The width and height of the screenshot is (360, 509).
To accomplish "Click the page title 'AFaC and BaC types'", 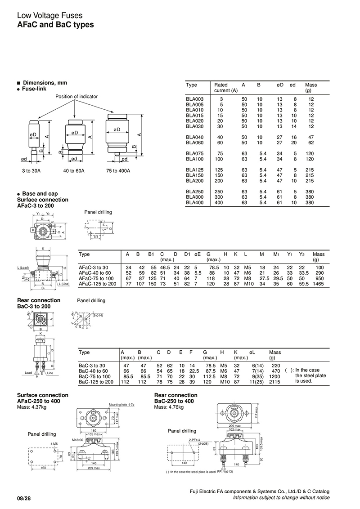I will click(55, 25).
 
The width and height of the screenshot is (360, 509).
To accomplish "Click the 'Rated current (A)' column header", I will click(225, 87).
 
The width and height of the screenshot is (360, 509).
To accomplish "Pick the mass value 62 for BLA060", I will click(311, 143).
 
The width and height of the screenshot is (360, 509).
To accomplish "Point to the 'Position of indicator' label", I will click(76, 97).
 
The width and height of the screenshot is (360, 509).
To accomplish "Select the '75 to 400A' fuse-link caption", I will click(117, 171).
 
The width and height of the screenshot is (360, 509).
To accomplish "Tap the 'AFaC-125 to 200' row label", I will click(97, 284).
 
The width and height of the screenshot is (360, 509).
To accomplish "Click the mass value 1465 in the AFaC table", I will click(318, 284).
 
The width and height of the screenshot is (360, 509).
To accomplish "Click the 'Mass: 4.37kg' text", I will click(32, 407).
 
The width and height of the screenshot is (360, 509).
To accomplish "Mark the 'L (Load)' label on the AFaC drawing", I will click(23, 268).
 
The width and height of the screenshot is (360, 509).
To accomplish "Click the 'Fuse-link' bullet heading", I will click(34, 89).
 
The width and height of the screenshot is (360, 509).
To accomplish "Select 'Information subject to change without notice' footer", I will click(281, 498).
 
